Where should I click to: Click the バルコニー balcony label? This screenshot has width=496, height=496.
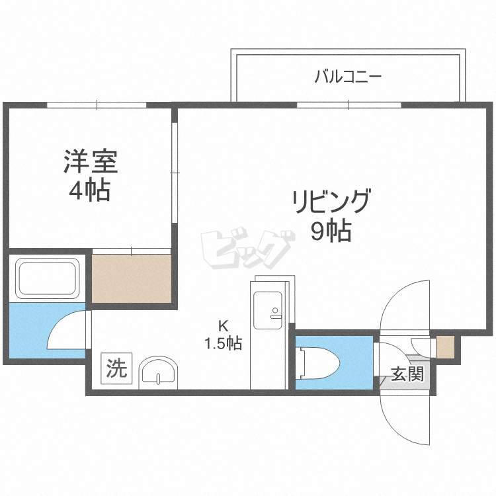pyautogui.click(x=349, y=77)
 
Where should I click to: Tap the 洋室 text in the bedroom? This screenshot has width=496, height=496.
pyautogui.click(x=91, y=161)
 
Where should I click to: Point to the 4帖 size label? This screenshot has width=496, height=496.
pyautogui.click(x=90, y=190)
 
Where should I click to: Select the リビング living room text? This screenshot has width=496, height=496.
pyautogui.click(x=331, y=201)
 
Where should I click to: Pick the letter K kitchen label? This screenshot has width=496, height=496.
pyautogui.click(x=224, y=325)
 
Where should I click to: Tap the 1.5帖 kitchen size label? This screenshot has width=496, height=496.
pyautogui.click(x=224, y=343)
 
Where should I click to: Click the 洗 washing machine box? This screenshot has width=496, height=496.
pyautogui.click(x=116, y=368)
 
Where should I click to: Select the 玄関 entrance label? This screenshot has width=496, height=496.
pyautogui.click(x=407, y=374)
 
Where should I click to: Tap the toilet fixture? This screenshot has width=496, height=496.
pyautogui.click(x=319, y=362)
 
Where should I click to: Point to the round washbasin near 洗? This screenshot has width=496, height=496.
pyautogui.click(x=158, y=372)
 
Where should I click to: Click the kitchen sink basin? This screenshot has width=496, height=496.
pyautogui.click(x=268, y=310)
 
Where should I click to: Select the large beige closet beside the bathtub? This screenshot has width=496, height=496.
pyautogui.click(x=132, y=278)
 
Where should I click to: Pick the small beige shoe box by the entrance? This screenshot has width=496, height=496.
pyautogui.click(x=445, y=347)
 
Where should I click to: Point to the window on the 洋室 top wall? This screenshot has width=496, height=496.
pyautogui.click(x=97, y=104)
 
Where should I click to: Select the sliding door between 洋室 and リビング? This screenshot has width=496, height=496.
pyautogui.click(x=175, y=173)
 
